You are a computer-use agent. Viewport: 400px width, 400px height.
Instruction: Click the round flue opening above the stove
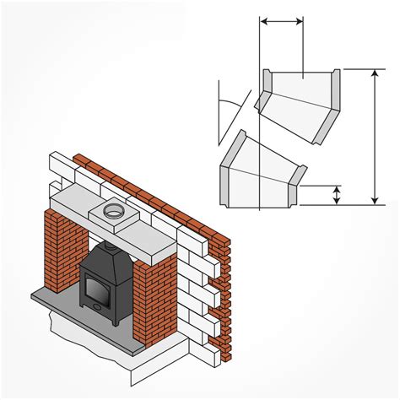[x=111, y=212]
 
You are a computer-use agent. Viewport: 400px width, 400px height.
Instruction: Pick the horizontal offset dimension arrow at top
[x=281, y=19]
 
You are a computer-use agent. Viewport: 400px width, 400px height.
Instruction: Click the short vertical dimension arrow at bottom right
[x=337, y=195]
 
